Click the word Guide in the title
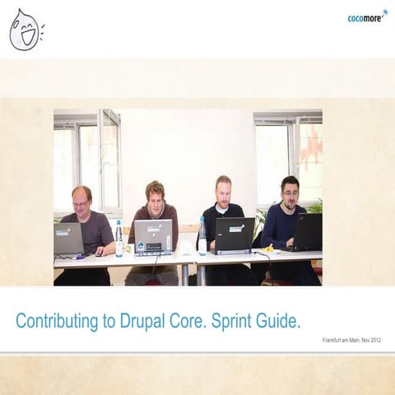(x=281, y=321)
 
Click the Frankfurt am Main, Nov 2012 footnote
(x=351, y=340)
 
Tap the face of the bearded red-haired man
(x=223, y=191)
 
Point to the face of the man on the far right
(x=290, y=191)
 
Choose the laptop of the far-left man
(x=68, y=239)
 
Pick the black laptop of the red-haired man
(x=233, y=234)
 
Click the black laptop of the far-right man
(x=307, y=231)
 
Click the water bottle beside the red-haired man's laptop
(x=202, y=236)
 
